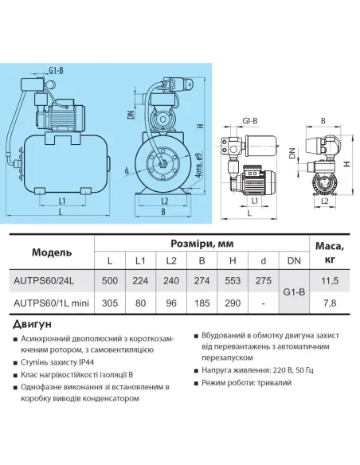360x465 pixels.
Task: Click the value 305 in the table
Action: pyautogui.click(x=111, y=303)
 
